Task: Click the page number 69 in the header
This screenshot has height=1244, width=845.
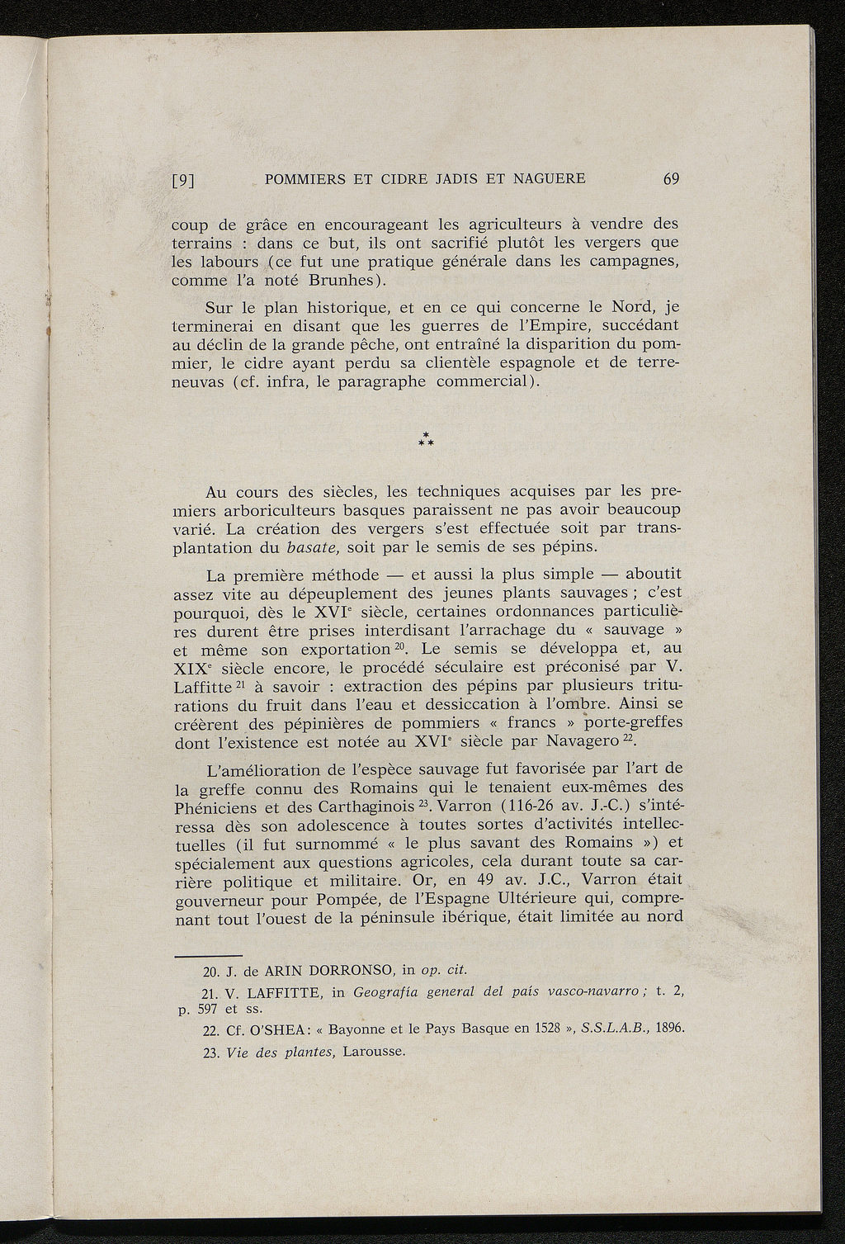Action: click(x=669, y=179)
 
